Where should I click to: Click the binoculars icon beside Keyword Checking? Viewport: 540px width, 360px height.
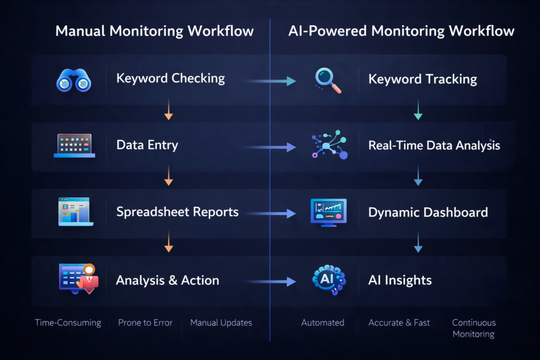pyautogui.click(x=73, y=81)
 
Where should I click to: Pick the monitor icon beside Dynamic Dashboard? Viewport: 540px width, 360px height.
pyautogui.click(x=329, y=212)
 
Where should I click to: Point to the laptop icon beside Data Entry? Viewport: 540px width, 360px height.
pyautogui.click(x=74, y=145)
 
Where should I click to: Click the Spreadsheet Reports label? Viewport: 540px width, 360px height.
pyautogui.click(x=177, y=212)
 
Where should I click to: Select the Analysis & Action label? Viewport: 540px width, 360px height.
pyautogui.click(x=167, y=280)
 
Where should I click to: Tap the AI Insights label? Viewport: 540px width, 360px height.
pyautogui.click(x=400, y=280)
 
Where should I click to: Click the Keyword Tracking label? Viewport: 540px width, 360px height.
pyautogui.click(x=422, y=80)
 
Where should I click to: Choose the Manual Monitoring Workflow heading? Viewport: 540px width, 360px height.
pyautogui.click(x=155, y=31)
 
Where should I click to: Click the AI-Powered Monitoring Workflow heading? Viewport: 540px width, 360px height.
pyautogui.click(x=401, y=31)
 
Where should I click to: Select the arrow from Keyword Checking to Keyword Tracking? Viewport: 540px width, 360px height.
pyautogui.click(x=270, y=81)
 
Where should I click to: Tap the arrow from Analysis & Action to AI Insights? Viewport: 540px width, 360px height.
pyautogui.click(x=270, y=281)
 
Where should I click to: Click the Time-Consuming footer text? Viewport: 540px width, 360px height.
pyautogui.click(x=68, y=323)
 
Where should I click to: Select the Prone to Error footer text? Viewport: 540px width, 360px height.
pyautogui.click(x=145, y=323)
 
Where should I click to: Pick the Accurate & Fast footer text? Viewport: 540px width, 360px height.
pyautogui.click(x=399, y=323)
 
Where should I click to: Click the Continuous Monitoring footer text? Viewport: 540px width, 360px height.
pyautogui.click(x=474, y=328)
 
